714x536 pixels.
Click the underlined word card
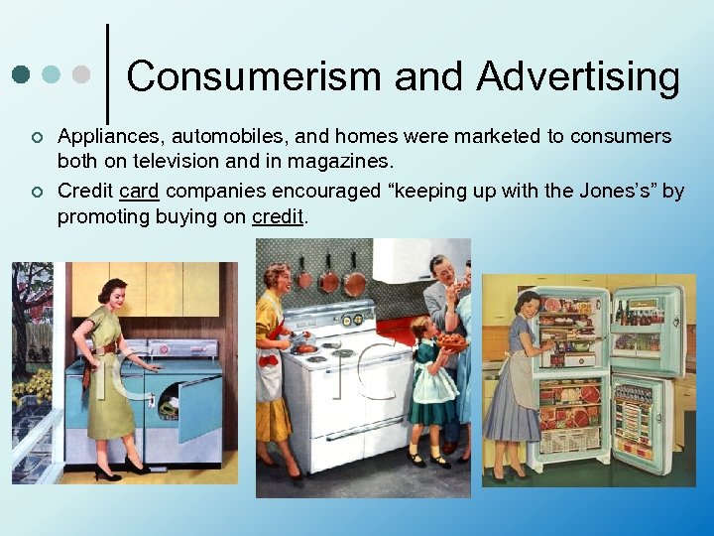coord(139,190)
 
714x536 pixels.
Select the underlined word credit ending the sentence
coord(278,215)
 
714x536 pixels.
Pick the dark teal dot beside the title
coord(21,74)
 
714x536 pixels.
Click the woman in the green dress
coord(112,377)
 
